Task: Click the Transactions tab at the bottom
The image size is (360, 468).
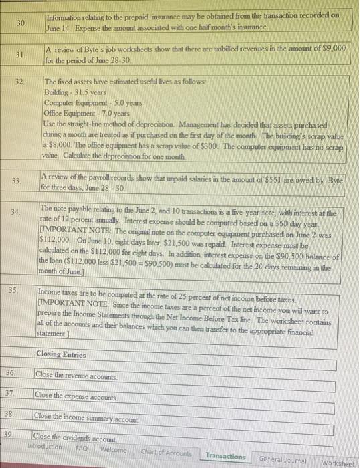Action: [225, 456]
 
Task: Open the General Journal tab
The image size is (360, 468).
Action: [282, 459]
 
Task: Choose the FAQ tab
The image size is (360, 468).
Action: [82, 448]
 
